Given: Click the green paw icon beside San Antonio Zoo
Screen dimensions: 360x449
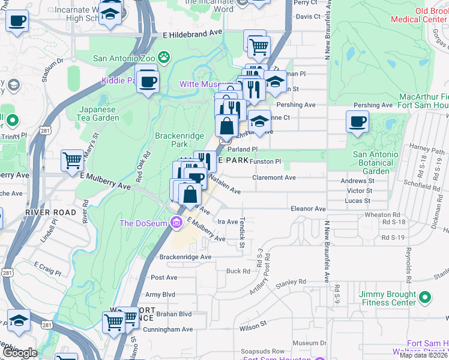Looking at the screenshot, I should pyautogui.click(x=164, y=58).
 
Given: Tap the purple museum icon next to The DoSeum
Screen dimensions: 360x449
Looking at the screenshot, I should pyautogui.click(x=176, y=223).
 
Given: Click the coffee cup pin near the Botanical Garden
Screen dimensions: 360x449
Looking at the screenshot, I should pyautogui.click(x=358, y=122).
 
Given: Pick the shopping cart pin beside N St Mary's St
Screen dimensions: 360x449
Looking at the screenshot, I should pyautogui.click(x=72, y=160).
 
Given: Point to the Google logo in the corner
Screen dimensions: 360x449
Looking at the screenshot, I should pyautogui.click(x=20, y=353).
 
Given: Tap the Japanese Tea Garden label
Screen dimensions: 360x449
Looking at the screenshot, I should pyautogui.click(x=99, y=113).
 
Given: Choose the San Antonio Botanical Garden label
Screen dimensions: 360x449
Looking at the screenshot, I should pyautogui.click(x=375, y=163).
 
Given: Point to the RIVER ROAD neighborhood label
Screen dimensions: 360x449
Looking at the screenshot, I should pyautogui.click(x=50, y=212).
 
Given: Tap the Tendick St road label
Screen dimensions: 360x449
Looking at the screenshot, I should pyautogui.click(x=243, y=232).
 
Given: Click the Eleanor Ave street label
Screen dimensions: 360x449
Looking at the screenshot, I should pyautogui.click(x=307, y=209).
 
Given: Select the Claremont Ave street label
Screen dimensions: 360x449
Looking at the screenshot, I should pyautogui.click(x=274, y=178).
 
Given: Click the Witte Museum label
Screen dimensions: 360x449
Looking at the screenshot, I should pyautogui.click(x=206, y=85).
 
